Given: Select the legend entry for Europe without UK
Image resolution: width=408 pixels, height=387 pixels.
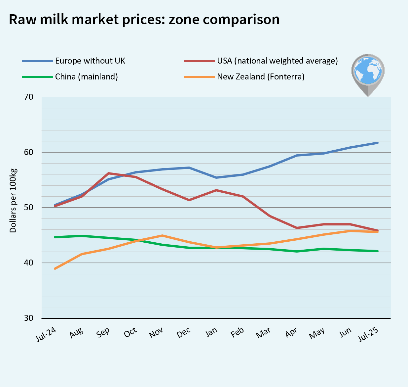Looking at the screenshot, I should point(90,61).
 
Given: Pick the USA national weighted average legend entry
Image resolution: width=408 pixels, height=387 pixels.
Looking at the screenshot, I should point(277,61).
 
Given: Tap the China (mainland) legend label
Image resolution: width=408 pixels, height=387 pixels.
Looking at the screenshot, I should point(86,77).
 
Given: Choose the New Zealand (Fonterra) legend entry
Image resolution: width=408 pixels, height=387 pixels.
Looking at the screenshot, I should point(260,77).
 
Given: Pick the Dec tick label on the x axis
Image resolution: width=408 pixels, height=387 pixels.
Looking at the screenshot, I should point(184,333).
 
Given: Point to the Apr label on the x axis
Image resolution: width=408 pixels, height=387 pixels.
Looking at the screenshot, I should point(292,333).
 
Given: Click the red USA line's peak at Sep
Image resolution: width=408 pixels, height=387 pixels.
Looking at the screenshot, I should point(109,173).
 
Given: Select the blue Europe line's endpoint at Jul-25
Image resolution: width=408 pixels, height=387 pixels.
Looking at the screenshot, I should point(378,143).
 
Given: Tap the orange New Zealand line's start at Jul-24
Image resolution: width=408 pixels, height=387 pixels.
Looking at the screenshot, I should point(55,268).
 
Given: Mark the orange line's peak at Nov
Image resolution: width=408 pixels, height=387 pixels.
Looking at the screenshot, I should point(162,235).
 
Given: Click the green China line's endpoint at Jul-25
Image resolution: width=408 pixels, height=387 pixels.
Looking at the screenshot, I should point(378,251).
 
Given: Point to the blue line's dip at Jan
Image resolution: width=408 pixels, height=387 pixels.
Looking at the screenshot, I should point(216,177).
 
